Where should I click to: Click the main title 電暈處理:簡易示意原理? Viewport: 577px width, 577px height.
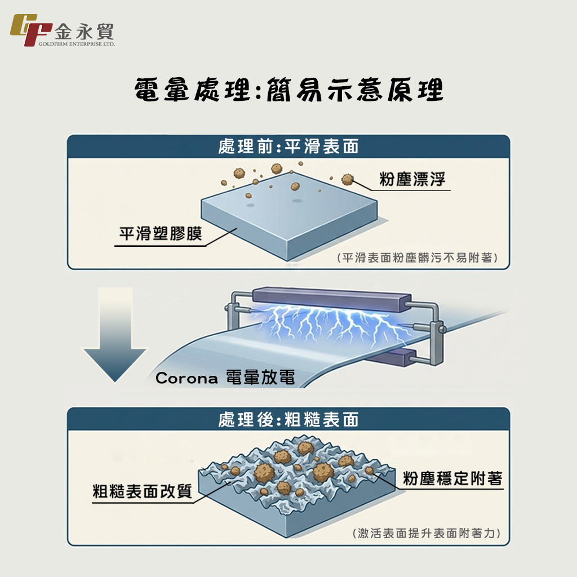click(x=288, y=90)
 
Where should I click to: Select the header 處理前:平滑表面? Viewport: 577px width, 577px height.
click(x=288, y=147)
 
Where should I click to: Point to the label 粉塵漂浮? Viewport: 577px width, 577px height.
click(x=412, y=180)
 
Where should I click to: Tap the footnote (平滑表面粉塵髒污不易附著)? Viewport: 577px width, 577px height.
click(x=418, y=258)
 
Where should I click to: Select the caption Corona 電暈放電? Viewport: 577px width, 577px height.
click(x=225, y=378)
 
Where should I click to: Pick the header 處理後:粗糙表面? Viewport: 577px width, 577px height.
click(x=288, y=420)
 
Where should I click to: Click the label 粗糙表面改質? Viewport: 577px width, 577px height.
click(x=142, y=491)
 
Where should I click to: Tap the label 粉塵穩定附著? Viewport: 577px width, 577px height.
click(x=452, y=479)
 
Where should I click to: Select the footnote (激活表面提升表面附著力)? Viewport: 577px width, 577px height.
click(x=426, y=532)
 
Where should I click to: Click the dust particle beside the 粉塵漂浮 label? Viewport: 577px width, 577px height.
click(x=348, y=180)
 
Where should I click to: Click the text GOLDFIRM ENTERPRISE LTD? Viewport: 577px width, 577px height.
click(x=77, y=43)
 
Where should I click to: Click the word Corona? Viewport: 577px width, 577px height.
click(x=187, y=378)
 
